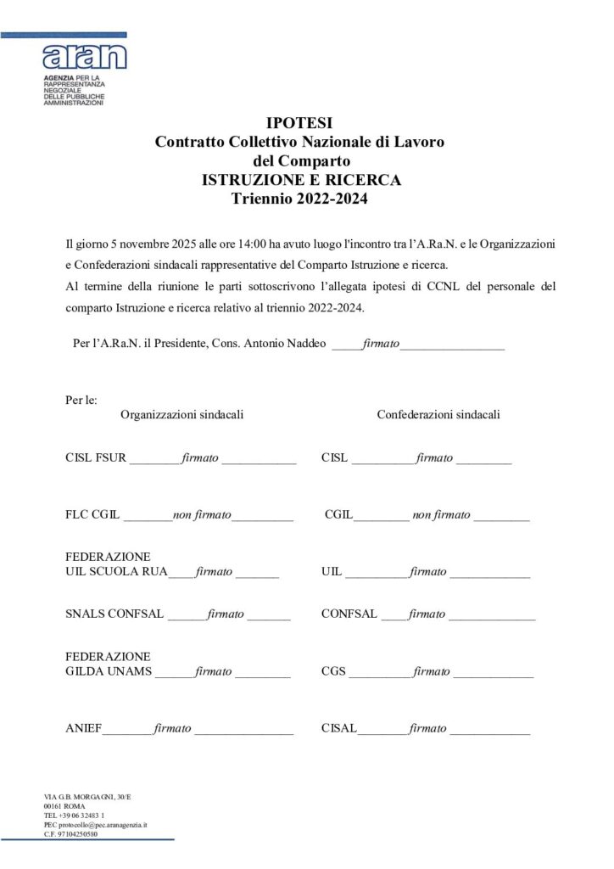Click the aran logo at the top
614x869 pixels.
(x=84, y=57)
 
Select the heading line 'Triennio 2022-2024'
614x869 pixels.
(x=299, y=199)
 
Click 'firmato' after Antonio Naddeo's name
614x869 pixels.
(x=381, y=344)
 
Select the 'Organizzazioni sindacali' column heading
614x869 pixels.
(x=182, y=415)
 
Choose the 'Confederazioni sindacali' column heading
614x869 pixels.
(x=438, y=415)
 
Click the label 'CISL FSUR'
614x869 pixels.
(x=96, y=458)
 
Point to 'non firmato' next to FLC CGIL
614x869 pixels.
(x=202, y=515)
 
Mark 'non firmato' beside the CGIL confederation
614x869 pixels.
(x=441, y=515)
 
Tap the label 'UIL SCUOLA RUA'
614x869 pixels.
(x=116, y=572)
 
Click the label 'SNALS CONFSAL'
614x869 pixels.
(x=114, y=614)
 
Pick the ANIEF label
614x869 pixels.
(x=83, y=729)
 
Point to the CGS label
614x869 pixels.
(x=334, y=672)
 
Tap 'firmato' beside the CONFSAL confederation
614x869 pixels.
(x=427, y=614)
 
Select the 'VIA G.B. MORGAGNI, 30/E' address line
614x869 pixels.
(x=93, y=796)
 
